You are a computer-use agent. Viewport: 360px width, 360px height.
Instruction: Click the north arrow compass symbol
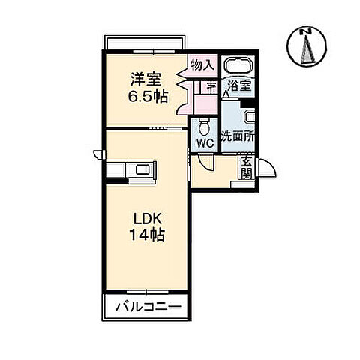(306, 46)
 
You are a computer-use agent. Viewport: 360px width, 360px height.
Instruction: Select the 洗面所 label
(238, 138)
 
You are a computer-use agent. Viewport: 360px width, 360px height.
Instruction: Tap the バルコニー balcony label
(148, 307)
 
